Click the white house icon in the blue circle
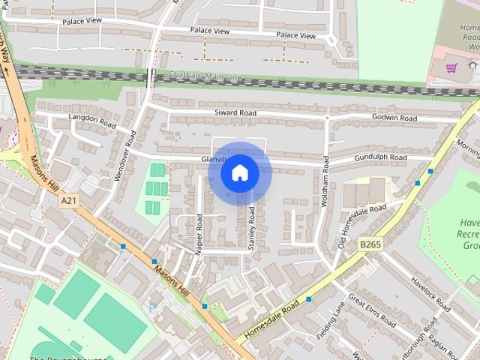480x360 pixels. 239,173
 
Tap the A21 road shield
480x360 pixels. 69,200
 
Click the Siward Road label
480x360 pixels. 235,113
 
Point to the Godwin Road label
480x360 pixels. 397,118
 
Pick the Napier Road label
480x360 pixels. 199,233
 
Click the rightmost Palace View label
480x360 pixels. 296,35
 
